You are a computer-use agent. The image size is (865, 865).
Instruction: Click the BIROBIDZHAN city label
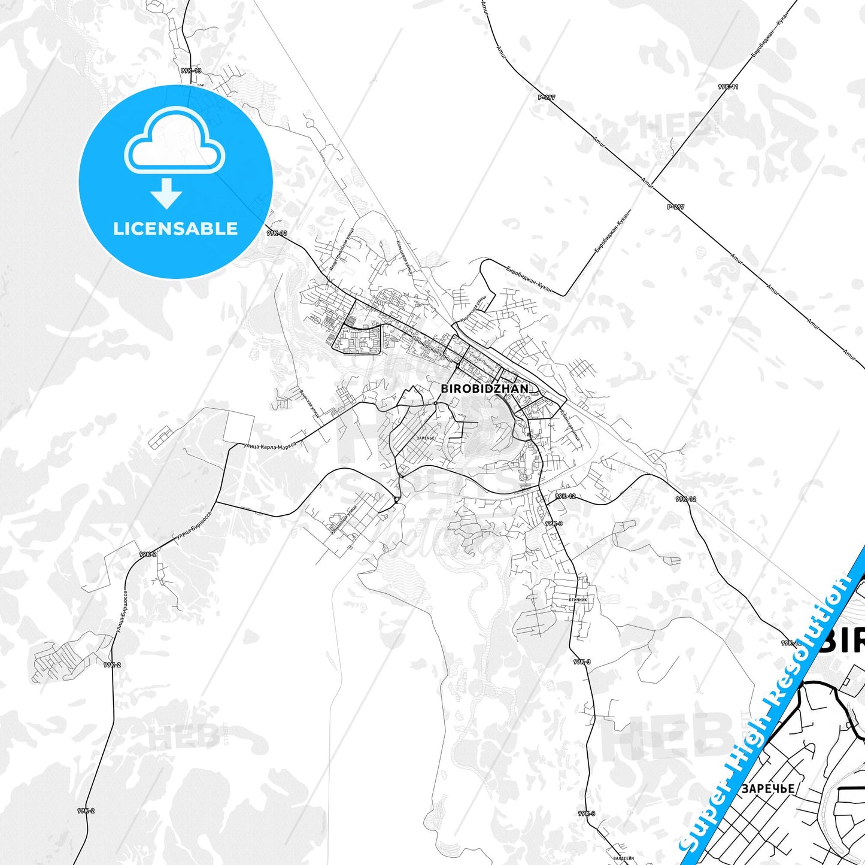(485, 389)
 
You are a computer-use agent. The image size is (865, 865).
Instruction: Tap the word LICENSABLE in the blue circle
(175, 229)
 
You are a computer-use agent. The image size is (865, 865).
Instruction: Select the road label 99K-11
(728, 87)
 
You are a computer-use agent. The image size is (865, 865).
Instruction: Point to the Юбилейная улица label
(343, 521)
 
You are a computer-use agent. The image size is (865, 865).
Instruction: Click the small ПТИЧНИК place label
(578, 599)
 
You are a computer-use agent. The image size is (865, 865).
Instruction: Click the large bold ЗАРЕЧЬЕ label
(768, 788)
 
